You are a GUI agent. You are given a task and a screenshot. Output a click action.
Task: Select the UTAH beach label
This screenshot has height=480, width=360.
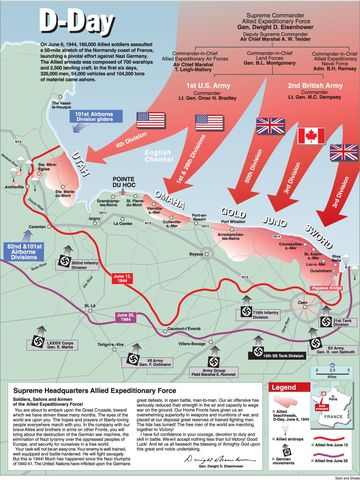(99, 193)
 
